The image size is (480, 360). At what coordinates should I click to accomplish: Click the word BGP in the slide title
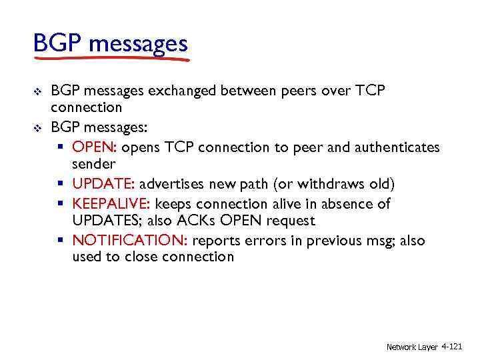(58, 45)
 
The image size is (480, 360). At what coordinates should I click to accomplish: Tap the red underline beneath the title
(111, 59)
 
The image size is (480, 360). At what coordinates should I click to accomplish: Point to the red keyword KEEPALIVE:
(111, 203)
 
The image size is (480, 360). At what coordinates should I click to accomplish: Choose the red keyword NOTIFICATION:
(125, 241)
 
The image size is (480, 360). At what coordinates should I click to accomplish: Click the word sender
(93, 163)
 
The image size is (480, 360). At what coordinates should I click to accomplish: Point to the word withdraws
(325, 184)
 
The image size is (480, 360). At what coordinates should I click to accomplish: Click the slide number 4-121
(451, 347)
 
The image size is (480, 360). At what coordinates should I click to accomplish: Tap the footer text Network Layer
(411, 347)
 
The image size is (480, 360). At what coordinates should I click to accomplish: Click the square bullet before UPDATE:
(64, 184)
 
